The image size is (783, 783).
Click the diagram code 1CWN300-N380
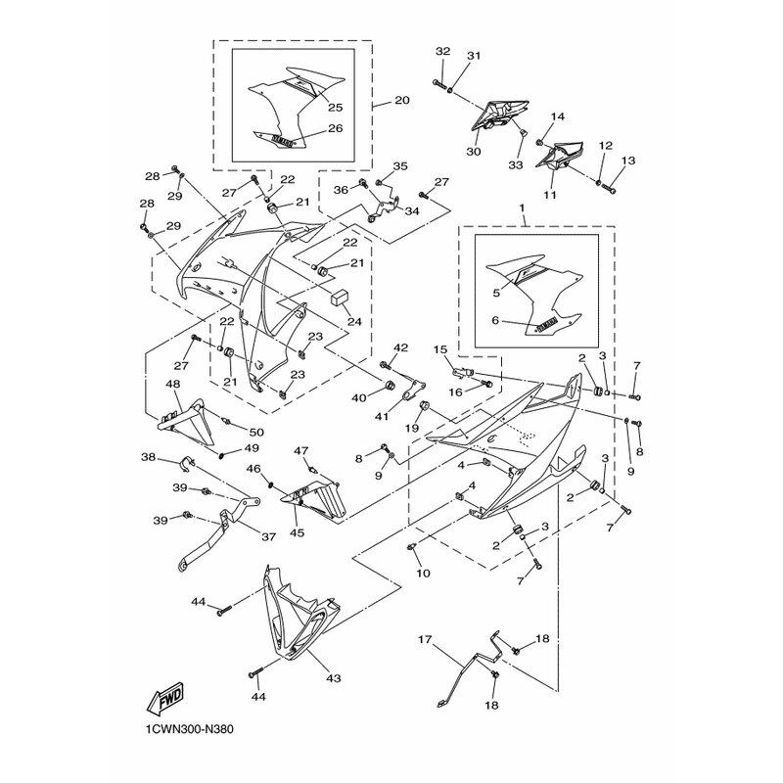coord(193,728)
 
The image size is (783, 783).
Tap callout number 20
coord(402,101)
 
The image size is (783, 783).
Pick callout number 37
coord(268,536)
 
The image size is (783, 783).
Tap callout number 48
coord(173,385)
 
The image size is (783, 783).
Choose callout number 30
coord(474,152)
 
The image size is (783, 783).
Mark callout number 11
coord(548,196)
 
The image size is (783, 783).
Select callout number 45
coord(296,533)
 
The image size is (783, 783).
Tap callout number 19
coord(412,428)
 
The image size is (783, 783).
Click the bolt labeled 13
coord(612,183)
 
